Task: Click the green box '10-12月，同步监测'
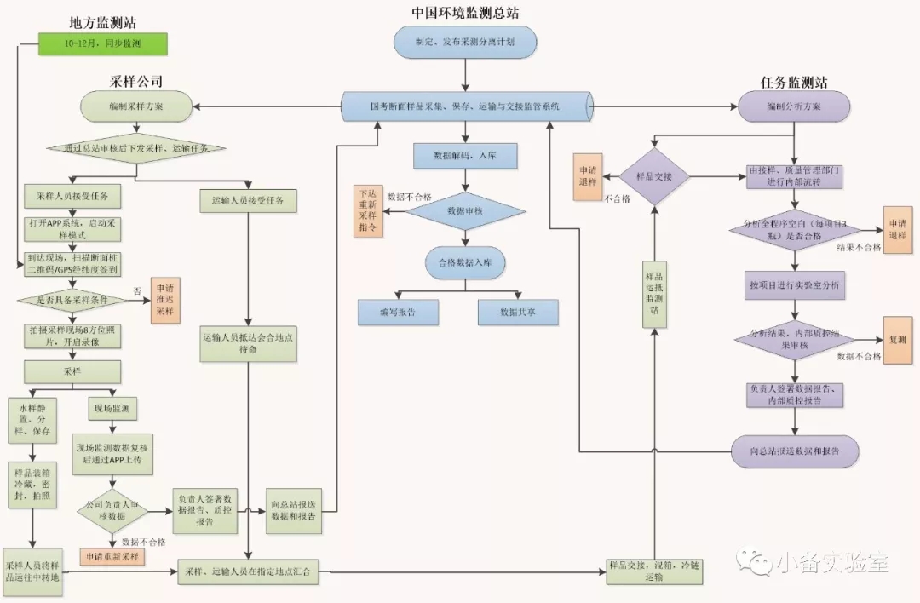(102, 43)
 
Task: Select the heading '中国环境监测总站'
(464, 12)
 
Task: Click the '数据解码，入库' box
(464, 156)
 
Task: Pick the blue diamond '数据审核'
(464, 210)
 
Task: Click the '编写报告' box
(398, 312)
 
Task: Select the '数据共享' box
(518, 312)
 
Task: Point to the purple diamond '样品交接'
(654, 176)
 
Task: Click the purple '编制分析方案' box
(793, 106)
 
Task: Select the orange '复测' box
(897, 339)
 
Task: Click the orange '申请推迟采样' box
(165, 300)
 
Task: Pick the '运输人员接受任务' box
(248, 201)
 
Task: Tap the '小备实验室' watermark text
(832, 563)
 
